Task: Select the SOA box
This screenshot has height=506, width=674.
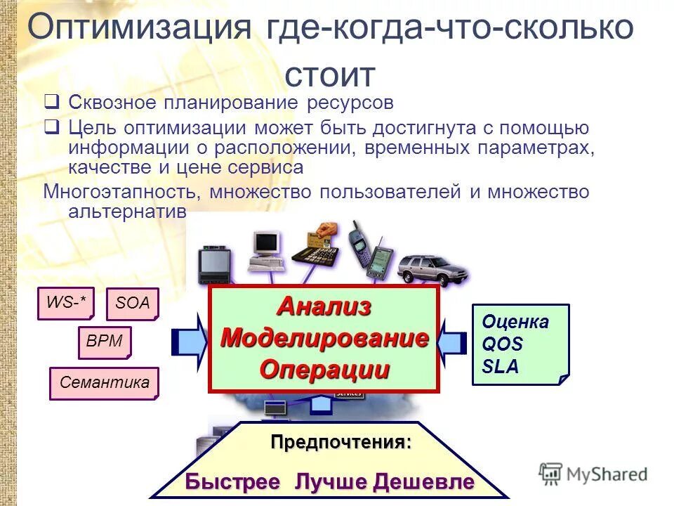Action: [x=133, y=304]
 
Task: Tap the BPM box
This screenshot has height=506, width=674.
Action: [x=105, y=342]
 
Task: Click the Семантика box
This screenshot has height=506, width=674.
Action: [x=105, y=383]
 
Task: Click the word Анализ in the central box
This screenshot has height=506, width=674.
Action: [x=324, y=306]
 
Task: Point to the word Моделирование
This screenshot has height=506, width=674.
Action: [x=324, y=337]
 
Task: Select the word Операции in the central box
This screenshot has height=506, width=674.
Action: [x=324, y=369]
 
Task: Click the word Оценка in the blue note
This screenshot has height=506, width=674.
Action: [x=515, y=323]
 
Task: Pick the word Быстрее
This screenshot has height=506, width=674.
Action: [x=232, y=482]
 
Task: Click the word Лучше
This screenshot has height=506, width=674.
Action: [x=331, y=482]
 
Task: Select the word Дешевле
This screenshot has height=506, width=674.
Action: [x=423, y=482]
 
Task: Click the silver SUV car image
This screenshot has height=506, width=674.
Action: [x=432, y=268]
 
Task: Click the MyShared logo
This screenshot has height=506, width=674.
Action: [x=593, y=474]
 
